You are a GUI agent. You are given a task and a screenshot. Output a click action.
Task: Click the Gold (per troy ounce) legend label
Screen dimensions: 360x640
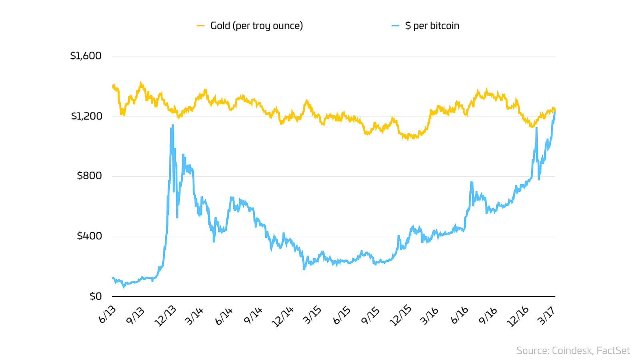tap(256, 26)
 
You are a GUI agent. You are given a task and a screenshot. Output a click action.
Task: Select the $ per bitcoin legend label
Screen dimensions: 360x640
tap(432, 26)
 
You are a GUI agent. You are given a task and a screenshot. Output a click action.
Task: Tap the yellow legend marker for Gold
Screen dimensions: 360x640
tap(200, 26)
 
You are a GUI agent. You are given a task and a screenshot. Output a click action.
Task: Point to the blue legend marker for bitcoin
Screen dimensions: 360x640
tap(395, 26)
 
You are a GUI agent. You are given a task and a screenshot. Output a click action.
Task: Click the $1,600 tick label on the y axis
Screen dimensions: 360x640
tap(86, 56)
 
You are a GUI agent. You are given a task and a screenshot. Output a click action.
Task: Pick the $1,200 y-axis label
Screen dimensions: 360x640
tap(86, 116)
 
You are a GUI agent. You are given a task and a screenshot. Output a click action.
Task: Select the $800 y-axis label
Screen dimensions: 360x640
tap(89, 176)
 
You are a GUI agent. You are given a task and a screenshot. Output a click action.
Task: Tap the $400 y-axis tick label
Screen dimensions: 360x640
tap(89, 236)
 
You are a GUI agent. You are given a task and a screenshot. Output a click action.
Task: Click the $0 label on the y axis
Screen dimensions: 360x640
tap(96, 296)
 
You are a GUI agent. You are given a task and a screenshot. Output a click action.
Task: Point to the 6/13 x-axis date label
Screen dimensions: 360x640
tap(107, 315)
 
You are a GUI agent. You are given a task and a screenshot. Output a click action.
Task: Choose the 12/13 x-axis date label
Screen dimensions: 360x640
tap(165, 316)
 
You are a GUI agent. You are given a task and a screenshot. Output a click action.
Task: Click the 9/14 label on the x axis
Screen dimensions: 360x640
tap(253, 316)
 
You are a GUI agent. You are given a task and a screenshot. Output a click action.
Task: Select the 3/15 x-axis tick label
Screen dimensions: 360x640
tap(312, 315)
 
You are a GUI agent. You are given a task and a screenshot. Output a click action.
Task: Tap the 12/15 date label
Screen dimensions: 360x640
tap(400, 316)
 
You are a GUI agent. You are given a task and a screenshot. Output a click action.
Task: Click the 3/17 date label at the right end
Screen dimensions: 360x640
tap(546, 315)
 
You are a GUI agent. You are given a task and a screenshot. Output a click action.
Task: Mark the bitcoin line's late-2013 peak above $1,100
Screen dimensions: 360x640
tap(172, 126)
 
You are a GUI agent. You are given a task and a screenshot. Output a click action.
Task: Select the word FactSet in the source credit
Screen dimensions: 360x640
tap(613, 351)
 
